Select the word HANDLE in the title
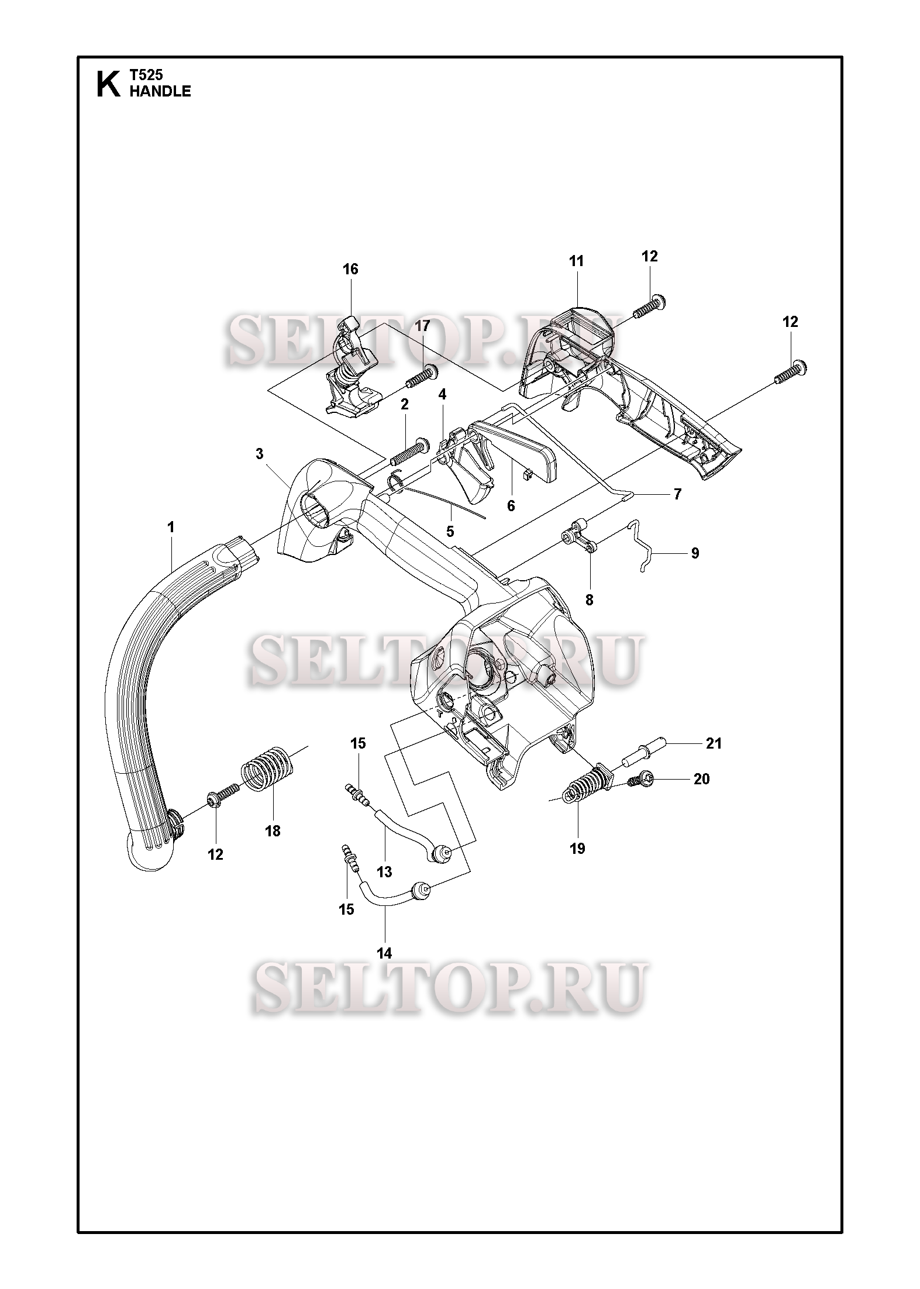click(x=160, y=91)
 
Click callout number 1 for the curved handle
click(x=171, y=528)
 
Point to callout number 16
click(x=350, y=270)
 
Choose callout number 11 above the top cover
click(x=577, y=261)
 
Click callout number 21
click(x=714, y=743)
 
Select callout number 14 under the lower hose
click(x=384, y=953)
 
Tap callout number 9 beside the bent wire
click(x=695, y=553)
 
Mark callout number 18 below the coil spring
click(x=273, y=830)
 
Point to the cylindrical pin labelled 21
click(x=643, y=753)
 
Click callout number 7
click(x=677, y=494)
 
